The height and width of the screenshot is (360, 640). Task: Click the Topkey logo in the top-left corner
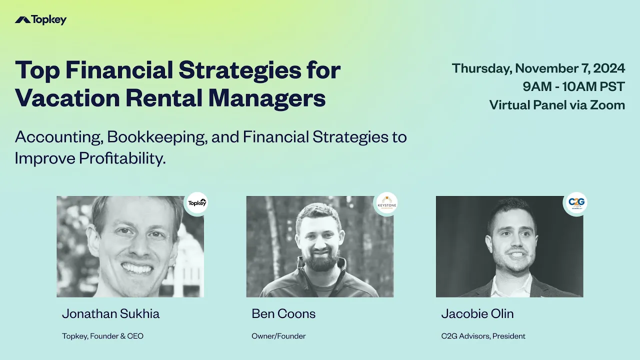pos(40,20)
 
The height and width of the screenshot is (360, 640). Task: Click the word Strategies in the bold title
pos(239,70)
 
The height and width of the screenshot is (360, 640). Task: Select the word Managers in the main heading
pos(267,98)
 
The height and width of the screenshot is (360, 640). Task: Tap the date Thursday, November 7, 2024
pos(538,68)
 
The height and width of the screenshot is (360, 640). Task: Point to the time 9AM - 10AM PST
pos(573,86)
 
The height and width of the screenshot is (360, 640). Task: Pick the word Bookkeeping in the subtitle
pos(157,137)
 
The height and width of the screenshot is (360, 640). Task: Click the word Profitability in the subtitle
pos(122,158)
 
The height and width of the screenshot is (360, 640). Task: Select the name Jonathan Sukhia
pos(110,313)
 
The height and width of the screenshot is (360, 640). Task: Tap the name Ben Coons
pos(283,313)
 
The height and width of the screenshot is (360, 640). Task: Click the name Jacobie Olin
pos(477,313)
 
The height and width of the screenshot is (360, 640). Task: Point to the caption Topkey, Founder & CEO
pos(102,336)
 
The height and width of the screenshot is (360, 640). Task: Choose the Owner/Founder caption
pos(278,336)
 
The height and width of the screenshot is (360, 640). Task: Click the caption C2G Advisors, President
pos(483,336)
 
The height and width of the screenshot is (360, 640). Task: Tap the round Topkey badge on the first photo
pos(196,203)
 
